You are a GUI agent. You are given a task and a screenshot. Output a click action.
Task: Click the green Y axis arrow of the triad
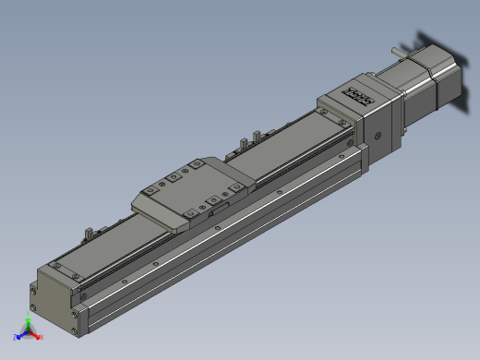29,322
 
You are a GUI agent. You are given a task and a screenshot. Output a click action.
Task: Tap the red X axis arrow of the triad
40,337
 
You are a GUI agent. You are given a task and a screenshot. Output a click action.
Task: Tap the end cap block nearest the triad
54,296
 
